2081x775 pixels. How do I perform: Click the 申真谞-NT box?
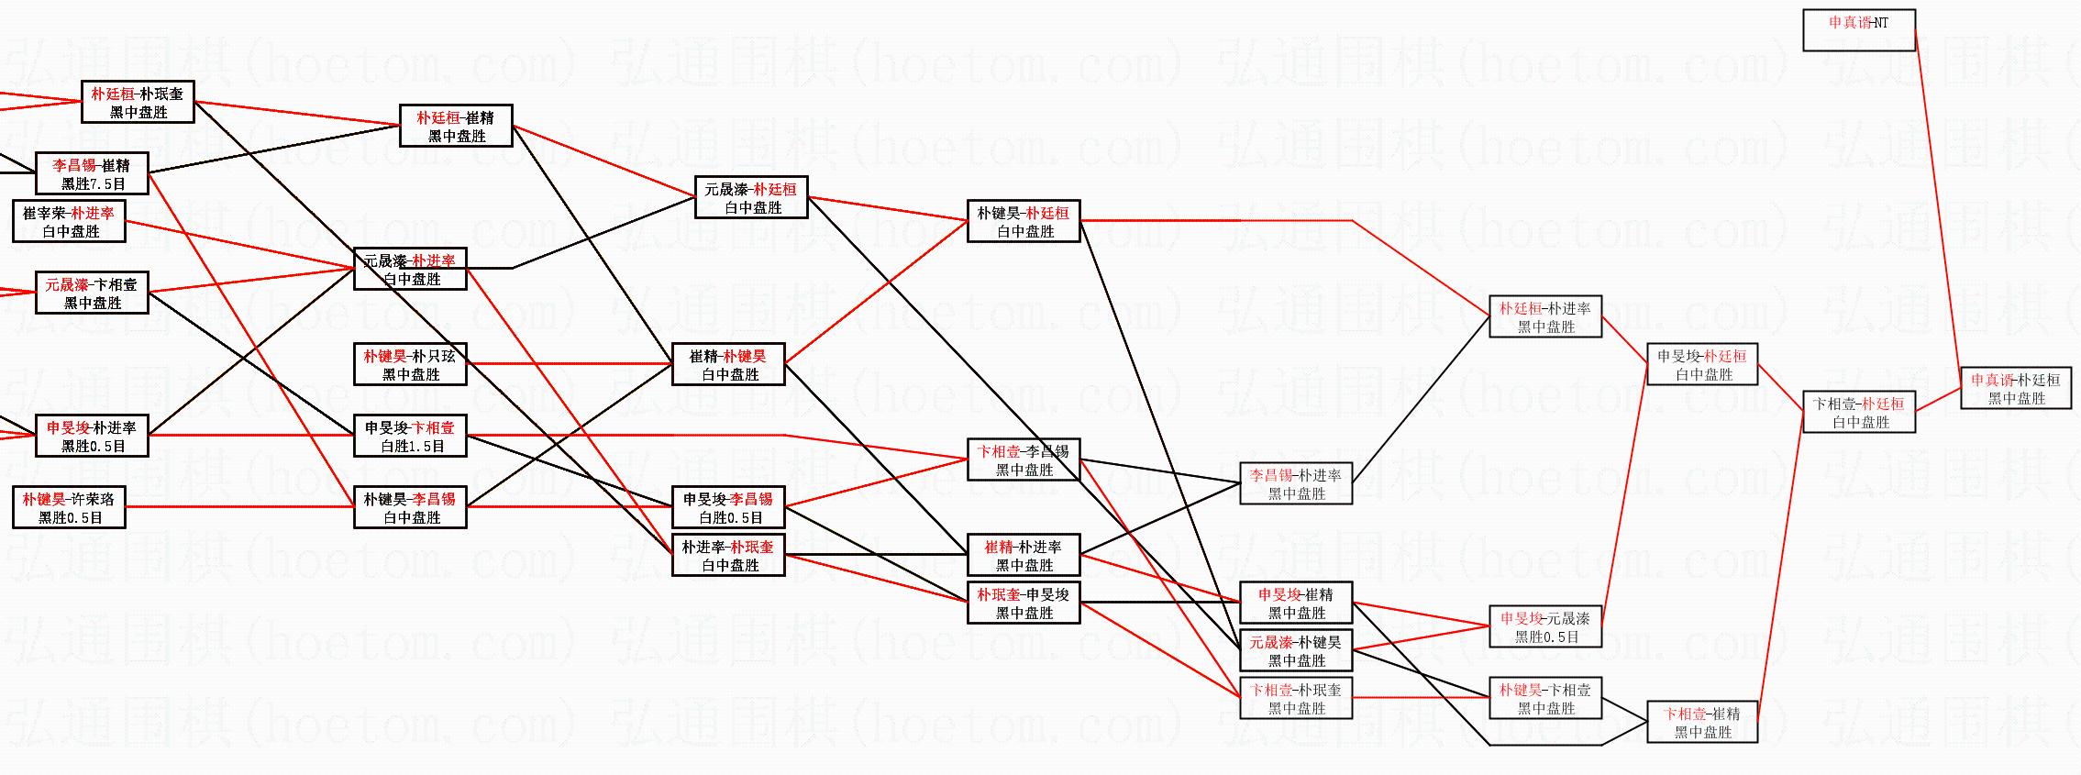[x=1858, y=30]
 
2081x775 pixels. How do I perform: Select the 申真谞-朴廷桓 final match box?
[x=2015, y=388]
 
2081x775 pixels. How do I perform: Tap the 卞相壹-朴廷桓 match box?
[x=1858, y=412]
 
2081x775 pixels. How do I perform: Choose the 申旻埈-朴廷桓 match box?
[x=1702, y=364]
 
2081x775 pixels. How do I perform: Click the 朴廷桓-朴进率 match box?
[x=1544, y=316]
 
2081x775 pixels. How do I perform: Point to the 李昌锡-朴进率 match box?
[x=1295, y=483]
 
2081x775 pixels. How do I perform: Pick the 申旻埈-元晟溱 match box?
[x=1544, y=626]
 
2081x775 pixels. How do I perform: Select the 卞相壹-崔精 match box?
[x=1702, y=722]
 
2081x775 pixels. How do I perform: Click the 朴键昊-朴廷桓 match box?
[x=1023, y=221]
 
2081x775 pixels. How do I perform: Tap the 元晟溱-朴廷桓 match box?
[x=750, y=197]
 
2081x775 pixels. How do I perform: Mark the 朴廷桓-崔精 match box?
[x=456, y=126]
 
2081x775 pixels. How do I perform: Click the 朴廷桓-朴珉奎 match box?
[x=138, y=102]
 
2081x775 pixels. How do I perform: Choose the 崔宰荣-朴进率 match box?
[x=69, y=221]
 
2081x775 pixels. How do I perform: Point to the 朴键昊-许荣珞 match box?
[x=69, y=507]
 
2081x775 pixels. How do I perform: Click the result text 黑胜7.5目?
[x=94, y=183]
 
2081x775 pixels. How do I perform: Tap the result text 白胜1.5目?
[x=413, y=446]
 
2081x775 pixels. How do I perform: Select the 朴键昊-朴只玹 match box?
[x=410, y=364]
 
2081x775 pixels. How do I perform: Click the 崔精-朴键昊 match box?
[x=728, y=364]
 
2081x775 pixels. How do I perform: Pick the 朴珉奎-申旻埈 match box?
[x=1023, y=603]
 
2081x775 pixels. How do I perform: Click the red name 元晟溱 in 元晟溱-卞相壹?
[x=67, y=284]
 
